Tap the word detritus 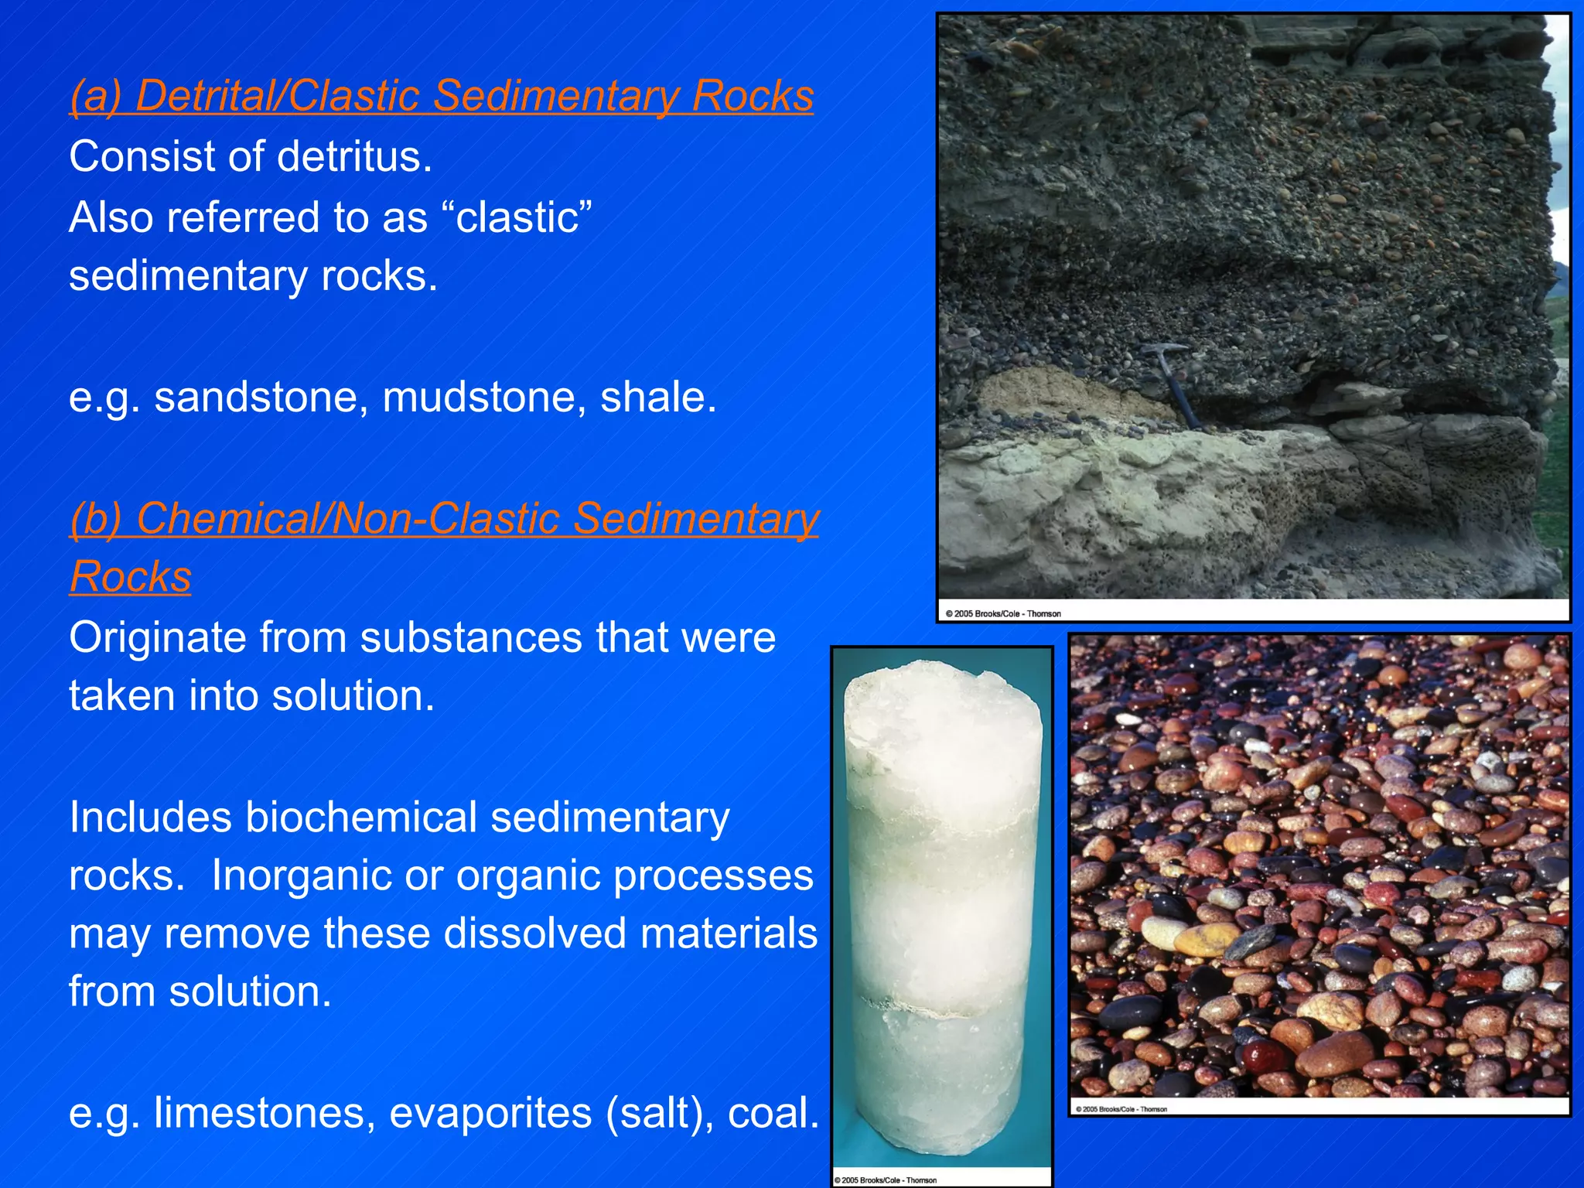[x=354, y=157]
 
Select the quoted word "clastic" [x=524, y=217]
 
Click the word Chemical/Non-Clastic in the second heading [x=346, y=518]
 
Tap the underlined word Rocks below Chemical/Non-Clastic [x=131, y=577]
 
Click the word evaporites [x=490, y=1114]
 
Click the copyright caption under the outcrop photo [x=1003, y=614]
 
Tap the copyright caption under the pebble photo [x=1121, y=1109]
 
